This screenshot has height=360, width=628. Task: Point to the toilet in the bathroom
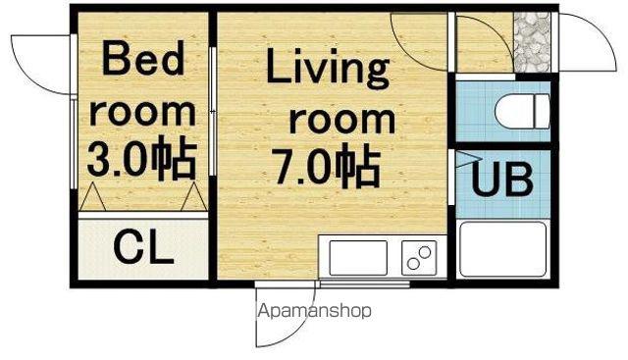click(x=522, y=111)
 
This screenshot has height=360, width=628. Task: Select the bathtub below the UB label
click(x=503, y=249)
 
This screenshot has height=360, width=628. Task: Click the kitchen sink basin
click(x=358, y=258)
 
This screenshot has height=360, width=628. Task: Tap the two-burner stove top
click(x=419, y=258)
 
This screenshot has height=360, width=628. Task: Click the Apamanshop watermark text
click(x=314, y=311)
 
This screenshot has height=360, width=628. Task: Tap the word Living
click(x=328, y=69)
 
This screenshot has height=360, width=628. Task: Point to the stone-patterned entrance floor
click(x=532, y=42)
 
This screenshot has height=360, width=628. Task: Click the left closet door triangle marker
click(x=93, y=196)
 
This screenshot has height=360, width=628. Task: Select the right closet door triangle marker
click(x=194, y=196)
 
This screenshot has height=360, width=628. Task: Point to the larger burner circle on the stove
click(x=425, y=252)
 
